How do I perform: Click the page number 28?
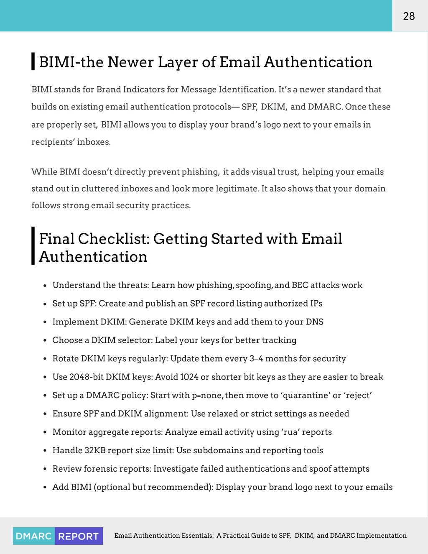(409, 16)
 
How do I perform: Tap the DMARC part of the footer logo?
(33, 536)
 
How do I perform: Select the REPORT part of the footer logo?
(79, 536)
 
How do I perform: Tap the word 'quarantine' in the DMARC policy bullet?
(306, 396)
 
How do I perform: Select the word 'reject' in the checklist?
(358, 396)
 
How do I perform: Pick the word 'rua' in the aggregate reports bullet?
(290, 432)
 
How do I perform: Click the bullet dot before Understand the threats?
(45, 286)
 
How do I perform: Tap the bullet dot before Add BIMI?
(45, 488)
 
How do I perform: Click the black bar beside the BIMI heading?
(33, 61)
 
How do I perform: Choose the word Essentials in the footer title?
(197, 536)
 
